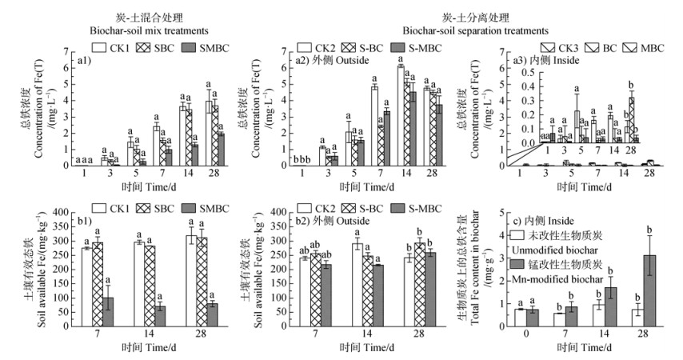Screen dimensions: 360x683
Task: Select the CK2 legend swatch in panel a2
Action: click(x=305, y=48)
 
